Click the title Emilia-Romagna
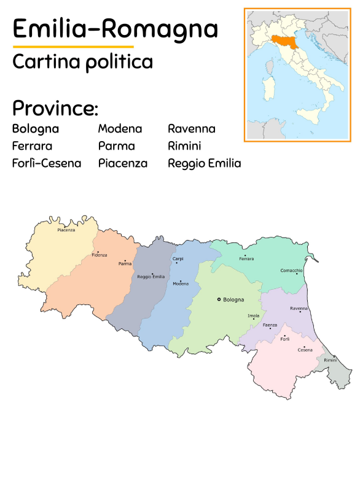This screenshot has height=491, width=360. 115,28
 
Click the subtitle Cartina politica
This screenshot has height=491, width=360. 82,61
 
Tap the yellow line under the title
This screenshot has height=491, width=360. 73,47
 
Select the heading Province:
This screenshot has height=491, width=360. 55,108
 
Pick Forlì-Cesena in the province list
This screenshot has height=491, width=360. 47,163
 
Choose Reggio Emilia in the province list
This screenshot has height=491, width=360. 205,163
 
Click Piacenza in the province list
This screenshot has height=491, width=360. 123,163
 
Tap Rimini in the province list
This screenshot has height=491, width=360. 184,146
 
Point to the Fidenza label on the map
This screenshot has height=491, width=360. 100,255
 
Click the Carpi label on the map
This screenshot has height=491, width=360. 178,259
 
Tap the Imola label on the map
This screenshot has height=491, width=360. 253,315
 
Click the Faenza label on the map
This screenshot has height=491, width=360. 270,325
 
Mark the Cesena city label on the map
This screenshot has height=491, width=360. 305,350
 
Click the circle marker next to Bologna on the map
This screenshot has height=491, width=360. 219,300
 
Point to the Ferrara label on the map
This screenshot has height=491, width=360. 246,259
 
